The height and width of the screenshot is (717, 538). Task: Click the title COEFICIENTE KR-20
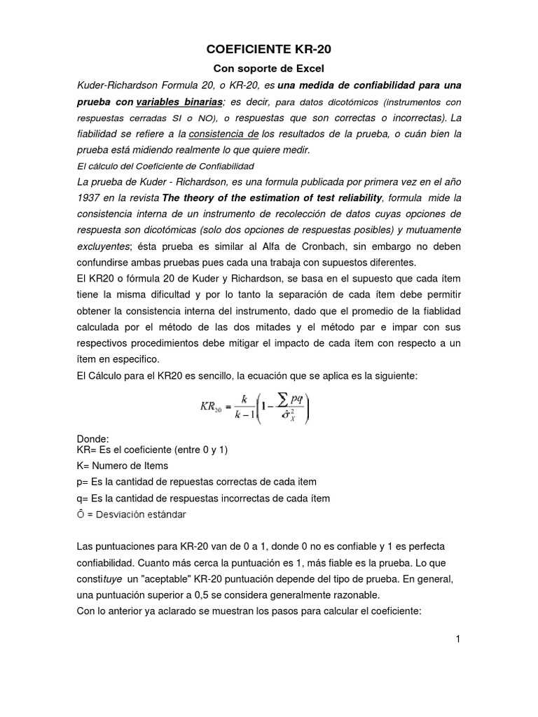click(x=268, y=50)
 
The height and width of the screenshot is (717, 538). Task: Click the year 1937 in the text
click(x=90, y=198)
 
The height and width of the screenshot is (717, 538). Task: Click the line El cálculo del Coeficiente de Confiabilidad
click(x=164, y=166)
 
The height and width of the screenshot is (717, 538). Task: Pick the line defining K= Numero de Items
click(x=122, y=466)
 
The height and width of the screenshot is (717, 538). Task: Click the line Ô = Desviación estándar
click(x=131, y=515)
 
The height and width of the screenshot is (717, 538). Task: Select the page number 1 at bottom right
click(x=457, y=639)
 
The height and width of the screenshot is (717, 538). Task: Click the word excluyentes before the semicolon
click(x=103, y=246)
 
